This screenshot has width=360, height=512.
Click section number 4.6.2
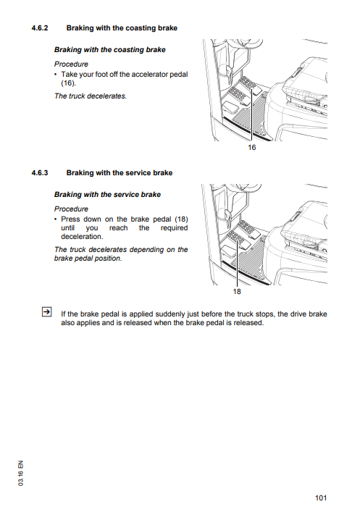pyautogui.click(x=40, y=28)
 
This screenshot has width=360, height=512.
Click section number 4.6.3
pyautogui.click(x=40, y=173)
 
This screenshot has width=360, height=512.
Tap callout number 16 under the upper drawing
pyautogui.click(x=251, y=148)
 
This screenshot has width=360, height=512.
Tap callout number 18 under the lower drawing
pyautogui.click(x=237, y=291)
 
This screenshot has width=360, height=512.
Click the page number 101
pyautogui.click(x=321, y=498)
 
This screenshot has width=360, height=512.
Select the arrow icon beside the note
pyautogui.click(x=46, y=312)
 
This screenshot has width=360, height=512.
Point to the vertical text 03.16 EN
pyautogui.click(x=21, y=473)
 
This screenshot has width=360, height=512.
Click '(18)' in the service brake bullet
pyautogui.click(x=181, y=219)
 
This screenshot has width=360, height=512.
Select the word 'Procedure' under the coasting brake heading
pyautogui.click(x=71, y=64)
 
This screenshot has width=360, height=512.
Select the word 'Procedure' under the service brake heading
pyautogui.click(x=71, y=209)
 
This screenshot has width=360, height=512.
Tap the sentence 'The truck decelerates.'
pyautogui.click(x=91, y=96)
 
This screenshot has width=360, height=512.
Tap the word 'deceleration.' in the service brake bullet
pyautogui.click(x=82, y=237)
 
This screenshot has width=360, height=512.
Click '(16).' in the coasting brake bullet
pyautogui.click(x=68, y=83)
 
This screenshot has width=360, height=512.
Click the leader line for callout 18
pyautogui.click(x=237, y=264)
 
